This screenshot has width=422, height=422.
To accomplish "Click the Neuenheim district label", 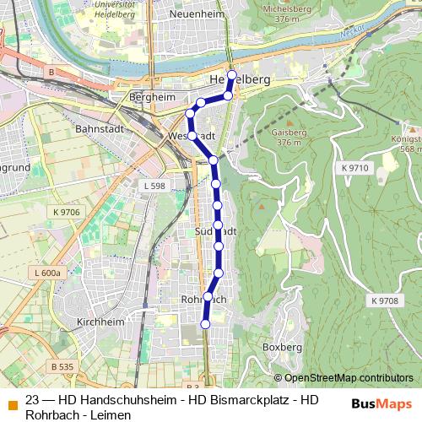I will (194, 14).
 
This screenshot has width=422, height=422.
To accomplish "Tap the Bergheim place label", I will (153, 97).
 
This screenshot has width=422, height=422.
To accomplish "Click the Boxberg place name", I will (282, 347).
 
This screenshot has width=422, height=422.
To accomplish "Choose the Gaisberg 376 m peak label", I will (288, 138).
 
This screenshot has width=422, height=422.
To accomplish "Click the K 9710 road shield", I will (355, 168).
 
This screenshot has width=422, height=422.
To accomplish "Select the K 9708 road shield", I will (384, 300).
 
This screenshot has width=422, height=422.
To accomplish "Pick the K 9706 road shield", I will (64, 212).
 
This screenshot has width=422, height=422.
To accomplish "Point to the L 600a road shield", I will (48, 273).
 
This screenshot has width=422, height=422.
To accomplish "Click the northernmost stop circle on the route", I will (232, 74).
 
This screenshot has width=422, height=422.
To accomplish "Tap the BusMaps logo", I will (381, 403).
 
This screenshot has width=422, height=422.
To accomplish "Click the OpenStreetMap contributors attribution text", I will (349, 378).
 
